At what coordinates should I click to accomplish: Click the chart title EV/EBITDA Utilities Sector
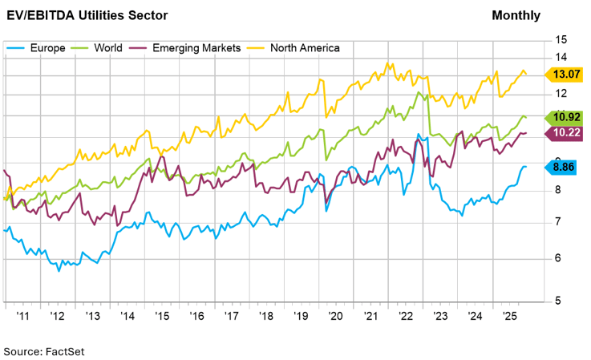(x=89, y=15)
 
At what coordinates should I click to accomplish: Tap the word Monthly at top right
(x=516, y=15)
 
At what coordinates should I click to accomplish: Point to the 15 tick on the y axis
(x=561, y=39)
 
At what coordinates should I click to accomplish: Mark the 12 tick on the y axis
(x=561, y=95)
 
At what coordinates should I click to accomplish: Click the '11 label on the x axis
(x=23, y=317)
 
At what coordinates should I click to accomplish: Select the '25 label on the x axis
(x=509, y=317)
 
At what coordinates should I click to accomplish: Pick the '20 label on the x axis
(x=336, y=317)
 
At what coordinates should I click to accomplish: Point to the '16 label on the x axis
(x=196, y=317)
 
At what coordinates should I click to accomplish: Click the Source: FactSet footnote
(x=44, y=351)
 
